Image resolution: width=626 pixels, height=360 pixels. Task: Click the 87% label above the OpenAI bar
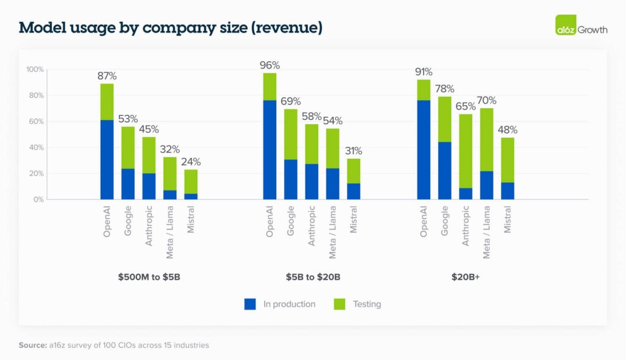click(107, 76)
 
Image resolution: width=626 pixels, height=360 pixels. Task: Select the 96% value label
click(270, 66)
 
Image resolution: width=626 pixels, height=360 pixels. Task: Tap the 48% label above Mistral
click(508, 130)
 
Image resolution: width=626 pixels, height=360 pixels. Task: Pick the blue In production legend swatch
click(250, 304)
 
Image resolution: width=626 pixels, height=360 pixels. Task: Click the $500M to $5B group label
click(149, 277)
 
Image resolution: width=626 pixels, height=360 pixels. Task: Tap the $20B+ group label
click(466, 277)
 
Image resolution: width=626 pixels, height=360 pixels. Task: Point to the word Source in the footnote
click(33, 345)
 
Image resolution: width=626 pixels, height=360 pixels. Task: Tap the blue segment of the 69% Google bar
click(291, 179)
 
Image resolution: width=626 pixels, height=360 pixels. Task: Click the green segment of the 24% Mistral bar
click(190, 182)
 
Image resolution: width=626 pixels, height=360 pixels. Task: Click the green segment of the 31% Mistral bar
click(353, 171)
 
